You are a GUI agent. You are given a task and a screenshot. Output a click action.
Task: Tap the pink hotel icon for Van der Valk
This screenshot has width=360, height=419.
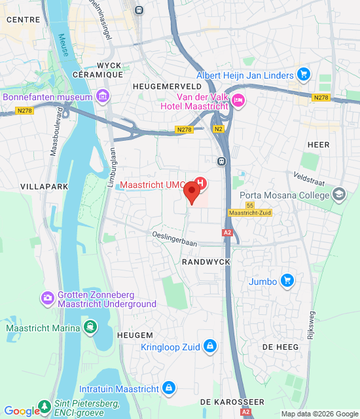click(238, 100)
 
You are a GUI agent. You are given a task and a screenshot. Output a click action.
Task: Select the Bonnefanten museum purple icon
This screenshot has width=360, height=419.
click(101, 98)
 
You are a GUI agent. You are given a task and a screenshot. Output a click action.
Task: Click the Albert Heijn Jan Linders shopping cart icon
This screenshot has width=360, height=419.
click(302, 75)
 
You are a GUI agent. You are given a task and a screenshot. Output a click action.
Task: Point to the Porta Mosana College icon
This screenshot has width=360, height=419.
click(339, 194)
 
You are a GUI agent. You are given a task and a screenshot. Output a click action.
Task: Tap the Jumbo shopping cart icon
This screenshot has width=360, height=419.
click(286, 282)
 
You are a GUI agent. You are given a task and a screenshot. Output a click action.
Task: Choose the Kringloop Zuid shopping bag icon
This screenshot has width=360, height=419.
click(209, 346)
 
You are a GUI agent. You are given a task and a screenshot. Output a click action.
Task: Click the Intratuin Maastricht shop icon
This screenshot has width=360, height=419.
click(170, 389)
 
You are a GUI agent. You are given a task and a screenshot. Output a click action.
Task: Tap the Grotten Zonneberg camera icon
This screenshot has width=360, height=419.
click(47, 299)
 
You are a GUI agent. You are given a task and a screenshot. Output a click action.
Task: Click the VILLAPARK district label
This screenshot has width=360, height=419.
click(41, 187)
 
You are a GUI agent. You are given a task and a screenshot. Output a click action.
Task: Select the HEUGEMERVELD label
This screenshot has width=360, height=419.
click(166, 86)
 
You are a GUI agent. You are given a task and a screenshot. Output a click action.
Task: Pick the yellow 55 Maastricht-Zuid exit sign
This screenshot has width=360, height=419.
click(249, 209)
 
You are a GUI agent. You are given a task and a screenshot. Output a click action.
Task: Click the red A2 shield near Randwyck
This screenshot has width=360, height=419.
click(227, 232)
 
